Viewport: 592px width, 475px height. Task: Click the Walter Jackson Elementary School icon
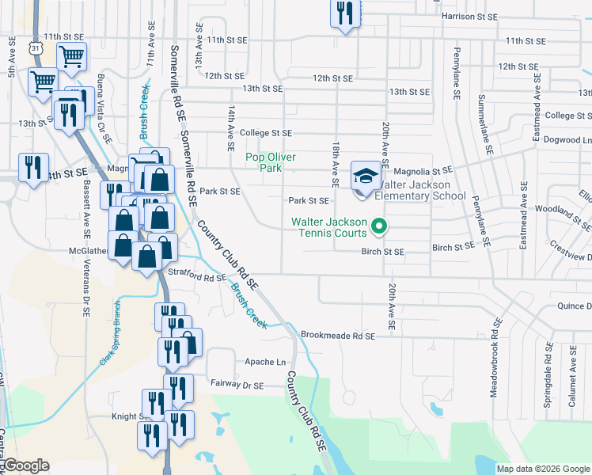coord(366,174)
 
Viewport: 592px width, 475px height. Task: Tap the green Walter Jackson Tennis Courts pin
coord(378,227)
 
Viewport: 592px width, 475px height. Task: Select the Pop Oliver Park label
coord(271,162)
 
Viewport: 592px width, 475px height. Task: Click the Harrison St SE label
coord(470,16)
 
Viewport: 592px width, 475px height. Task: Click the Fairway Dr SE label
coord(237,385)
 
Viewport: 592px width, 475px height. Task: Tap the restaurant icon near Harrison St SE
coord(344,13)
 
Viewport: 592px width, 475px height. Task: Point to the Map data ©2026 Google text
coord(543,469)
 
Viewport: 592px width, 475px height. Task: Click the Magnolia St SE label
coord(421,170)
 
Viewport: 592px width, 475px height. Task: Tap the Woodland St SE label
coord(563,210)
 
